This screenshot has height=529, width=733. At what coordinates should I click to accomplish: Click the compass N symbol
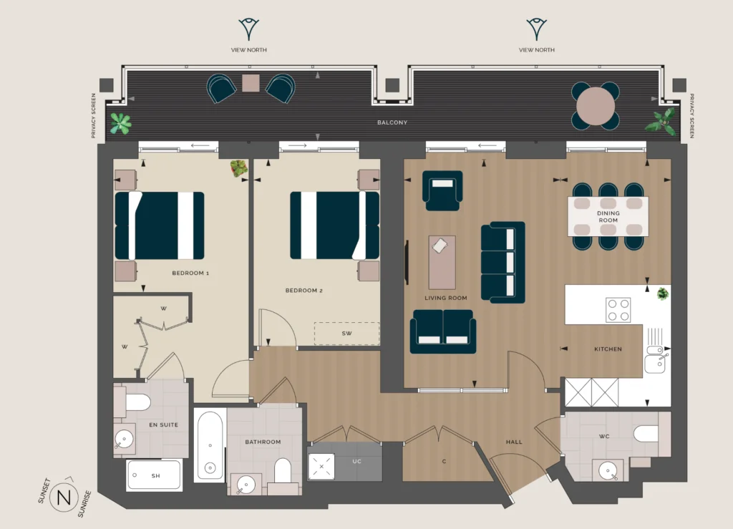(x=64, y=498)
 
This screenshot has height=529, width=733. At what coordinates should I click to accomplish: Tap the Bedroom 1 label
(x=190, y=273)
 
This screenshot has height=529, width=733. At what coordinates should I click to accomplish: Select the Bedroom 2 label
(x=304, y=290)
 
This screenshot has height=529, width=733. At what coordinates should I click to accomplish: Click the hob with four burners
(x=618, y=310)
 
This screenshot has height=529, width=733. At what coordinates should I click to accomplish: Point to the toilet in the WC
(x=646, y=434)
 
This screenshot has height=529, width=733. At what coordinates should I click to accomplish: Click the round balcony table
(x=596, y=106)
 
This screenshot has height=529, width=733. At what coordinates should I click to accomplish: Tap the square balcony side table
(x=251, y=83)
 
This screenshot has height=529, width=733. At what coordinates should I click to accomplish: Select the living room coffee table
(x=442, y=262)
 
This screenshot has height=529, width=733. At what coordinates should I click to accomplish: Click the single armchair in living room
(x=442, y=190)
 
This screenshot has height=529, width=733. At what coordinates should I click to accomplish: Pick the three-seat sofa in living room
(x=503, y=262)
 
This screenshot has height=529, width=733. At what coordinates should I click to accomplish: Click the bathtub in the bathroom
(x=210, y=445)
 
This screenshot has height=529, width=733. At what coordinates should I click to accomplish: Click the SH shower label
(x=155, y=476)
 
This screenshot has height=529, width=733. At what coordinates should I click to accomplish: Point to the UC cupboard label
(x=356, y=461)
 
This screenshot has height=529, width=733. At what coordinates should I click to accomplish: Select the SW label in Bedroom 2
(x=346, y=333)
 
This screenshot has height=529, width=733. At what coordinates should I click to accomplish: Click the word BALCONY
(x=392, y=122)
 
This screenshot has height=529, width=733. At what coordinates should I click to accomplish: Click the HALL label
(x=514, y=442)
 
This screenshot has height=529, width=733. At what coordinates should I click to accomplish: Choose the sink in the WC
(x=608, y=470)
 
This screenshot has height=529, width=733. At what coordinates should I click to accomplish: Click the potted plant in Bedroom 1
(x=239, y=168)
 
